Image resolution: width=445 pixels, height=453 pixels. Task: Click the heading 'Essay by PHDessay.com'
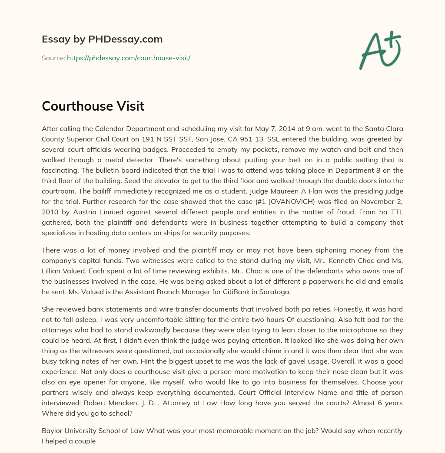[x=102, y=39]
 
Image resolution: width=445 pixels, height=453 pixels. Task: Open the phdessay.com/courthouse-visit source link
[x=129, y=58]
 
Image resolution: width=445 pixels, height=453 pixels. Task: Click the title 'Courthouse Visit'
[x=93, y=106]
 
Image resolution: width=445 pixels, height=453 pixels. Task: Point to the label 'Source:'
[x=53, y=58]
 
